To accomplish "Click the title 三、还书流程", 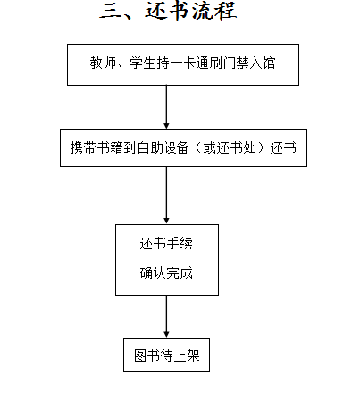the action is pos(168,11).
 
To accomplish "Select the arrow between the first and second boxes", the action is pos(166,107).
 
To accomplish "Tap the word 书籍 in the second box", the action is pos(110,147).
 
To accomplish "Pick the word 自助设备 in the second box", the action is pos(163,147).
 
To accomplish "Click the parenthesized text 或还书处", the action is pos(230,147).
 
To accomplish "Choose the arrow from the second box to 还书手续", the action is pos(166,196).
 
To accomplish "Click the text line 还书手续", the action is pos(166,243).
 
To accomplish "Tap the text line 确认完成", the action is pos(166,272).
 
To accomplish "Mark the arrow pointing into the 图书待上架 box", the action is pos(166,316).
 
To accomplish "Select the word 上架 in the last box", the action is pos(187,355).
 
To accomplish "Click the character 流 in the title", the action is pos(203,11).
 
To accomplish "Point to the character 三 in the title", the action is pos(111,12).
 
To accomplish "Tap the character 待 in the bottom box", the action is pos(167,355).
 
